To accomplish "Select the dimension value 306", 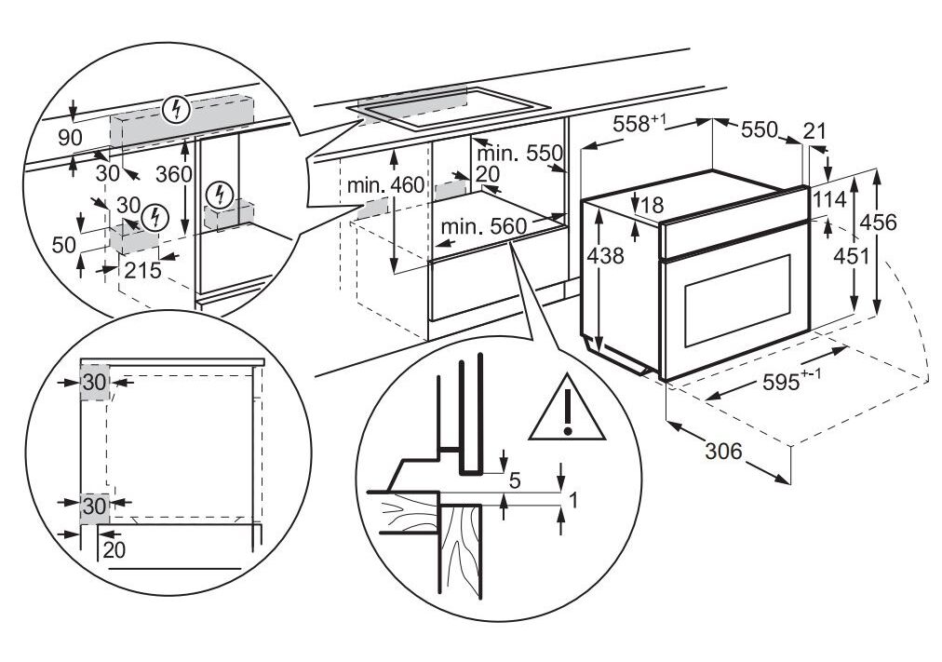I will pos(722,452).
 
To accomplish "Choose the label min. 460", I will pos(385,185).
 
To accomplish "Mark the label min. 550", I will pos(519,152).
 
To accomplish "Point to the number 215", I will pos(141,271).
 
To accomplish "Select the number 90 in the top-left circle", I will pos(71,138).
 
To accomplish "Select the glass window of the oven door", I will pos(737,299).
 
